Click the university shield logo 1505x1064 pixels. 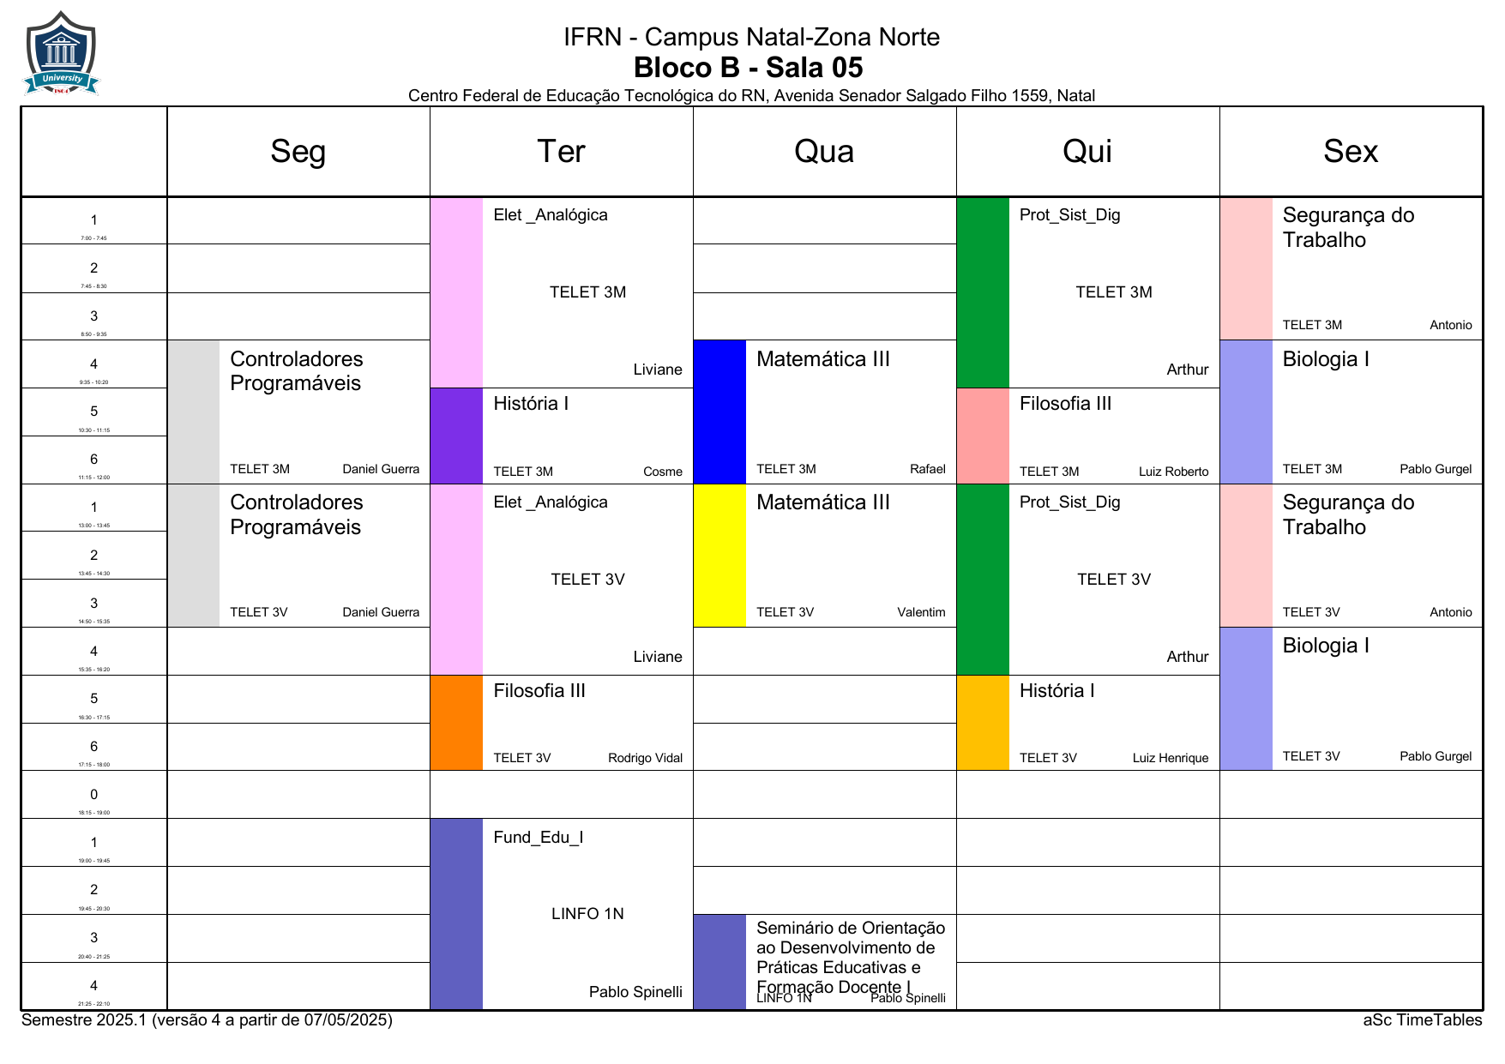61,53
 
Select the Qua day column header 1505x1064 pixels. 823,152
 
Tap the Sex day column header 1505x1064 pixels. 1350,152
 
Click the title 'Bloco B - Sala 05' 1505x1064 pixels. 748,68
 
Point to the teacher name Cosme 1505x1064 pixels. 662,472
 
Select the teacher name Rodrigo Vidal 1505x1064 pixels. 645,758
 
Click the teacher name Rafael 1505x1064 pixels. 927,469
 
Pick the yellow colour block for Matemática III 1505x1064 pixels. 719,556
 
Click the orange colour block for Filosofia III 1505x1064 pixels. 456,723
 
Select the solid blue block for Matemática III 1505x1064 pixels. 719,412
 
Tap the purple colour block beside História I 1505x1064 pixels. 456,436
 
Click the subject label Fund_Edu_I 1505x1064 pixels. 538,838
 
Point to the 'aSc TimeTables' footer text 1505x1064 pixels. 1422,1020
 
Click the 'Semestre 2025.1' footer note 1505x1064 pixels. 207,1020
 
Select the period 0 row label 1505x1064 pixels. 94,796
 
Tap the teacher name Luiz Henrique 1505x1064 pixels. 1170,758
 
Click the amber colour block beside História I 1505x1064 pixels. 983,723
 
